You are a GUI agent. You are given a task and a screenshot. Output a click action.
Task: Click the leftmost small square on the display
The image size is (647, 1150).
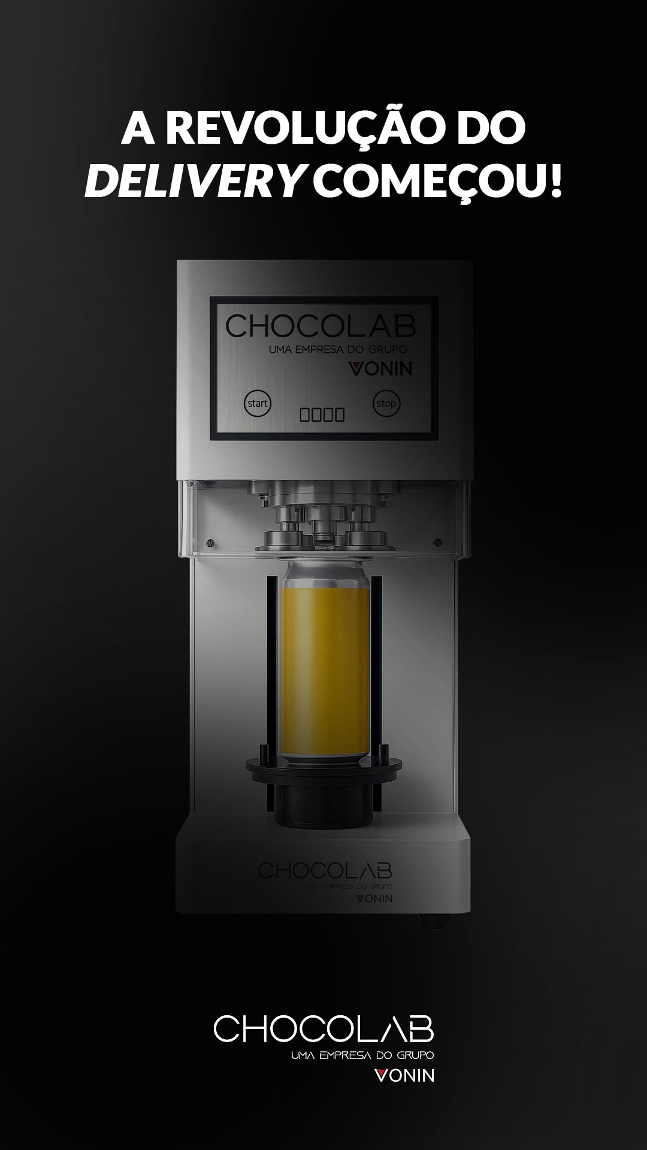304,414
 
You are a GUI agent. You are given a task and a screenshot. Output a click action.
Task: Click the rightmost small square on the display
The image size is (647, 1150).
340,414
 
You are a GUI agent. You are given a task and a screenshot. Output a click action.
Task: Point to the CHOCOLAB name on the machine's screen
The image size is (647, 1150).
321,325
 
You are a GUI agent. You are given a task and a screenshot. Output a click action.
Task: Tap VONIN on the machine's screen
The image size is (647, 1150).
380,368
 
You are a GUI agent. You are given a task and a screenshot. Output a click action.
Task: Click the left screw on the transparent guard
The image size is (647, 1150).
210,543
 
